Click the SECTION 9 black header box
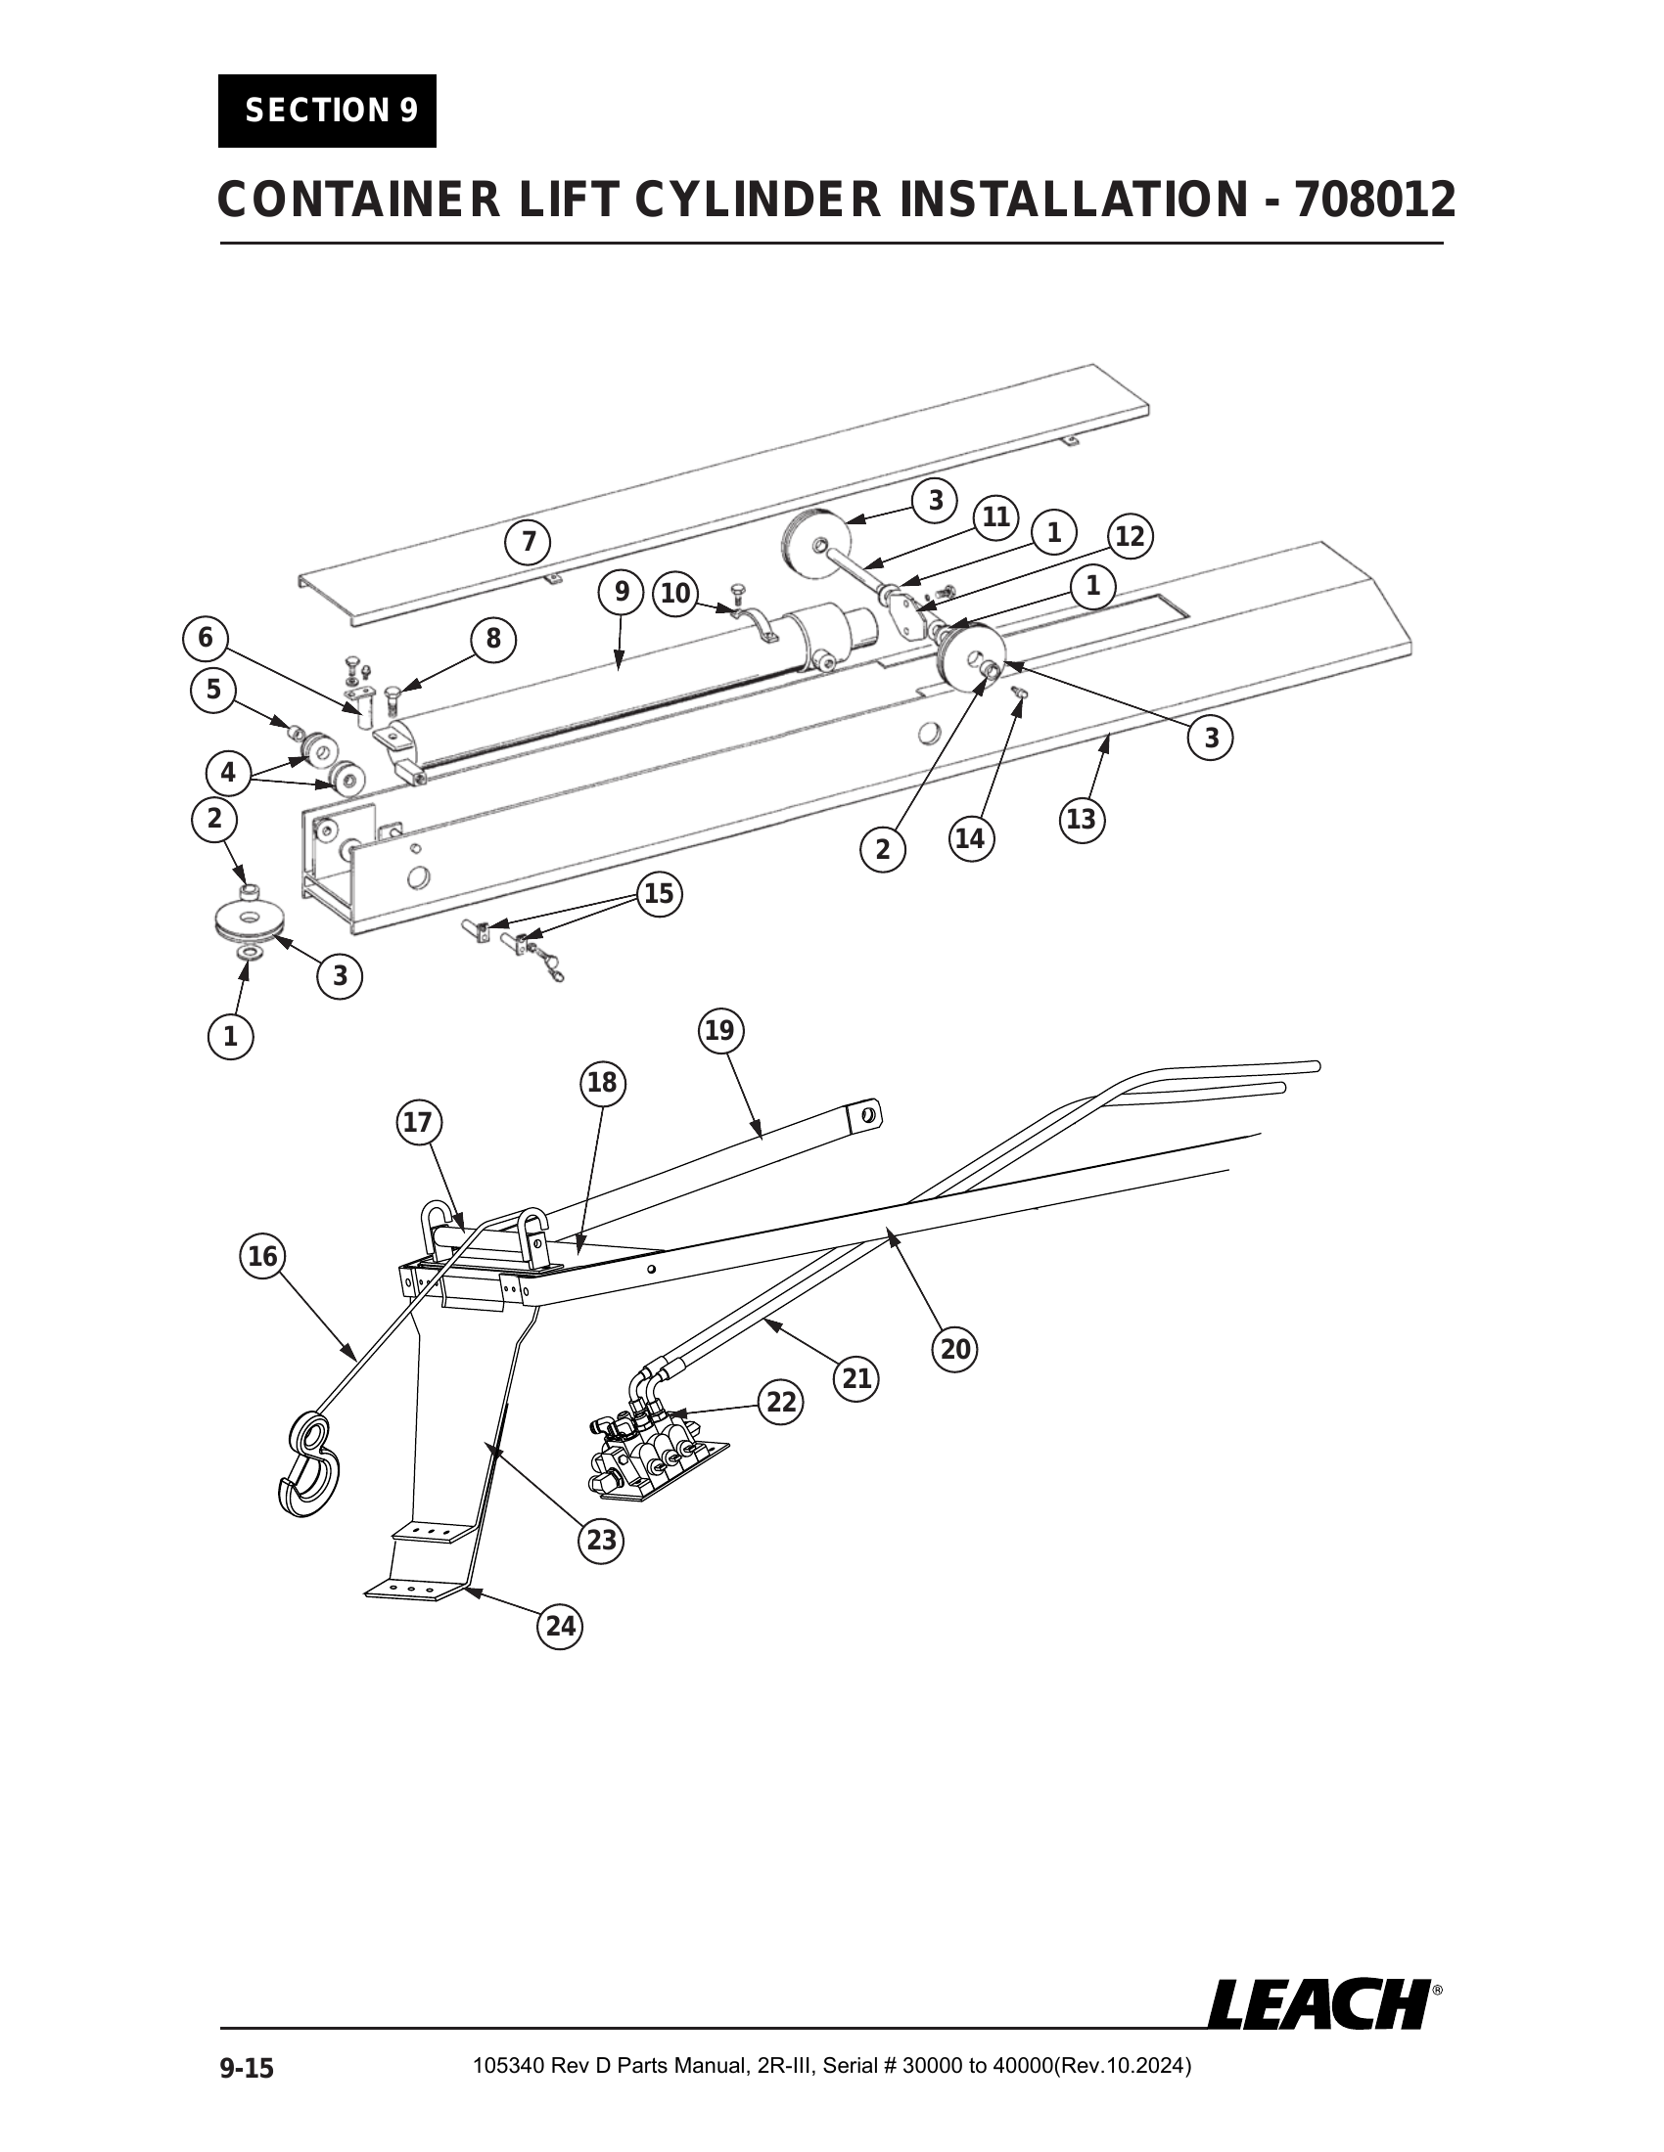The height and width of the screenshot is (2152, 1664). click(x=327, y=111)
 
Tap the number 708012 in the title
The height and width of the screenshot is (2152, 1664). click(x=1375, y=200)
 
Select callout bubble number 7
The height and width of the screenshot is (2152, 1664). click(x=529, y=542)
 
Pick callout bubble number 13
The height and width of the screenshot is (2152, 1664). click(x=1082, y=819)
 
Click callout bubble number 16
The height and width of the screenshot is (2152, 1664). click(x=262, y=1256)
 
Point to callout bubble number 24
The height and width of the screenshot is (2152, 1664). click(x=560, y=1626)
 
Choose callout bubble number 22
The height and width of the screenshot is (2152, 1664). click(x=781, y=1402)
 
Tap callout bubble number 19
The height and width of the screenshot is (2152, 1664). click(x=720, y=1031)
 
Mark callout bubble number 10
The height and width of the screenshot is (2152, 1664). click(x=675, y=593)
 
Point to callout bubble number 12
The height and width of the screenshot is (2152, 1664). click(x=1130, y=537)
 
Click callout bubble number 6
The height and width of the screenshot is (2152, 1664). click(x=205, y=639)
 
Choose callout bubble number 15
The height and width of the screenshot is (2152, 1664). click(x=659, y=894)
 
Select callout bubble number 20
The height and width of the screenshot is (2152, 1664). click(x=955, y=1349)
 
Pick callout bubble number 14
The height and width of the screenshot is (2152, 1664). click(x=970, y=838)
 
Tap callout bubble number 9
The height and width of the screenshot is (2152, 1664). click(x=621, y=591)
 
